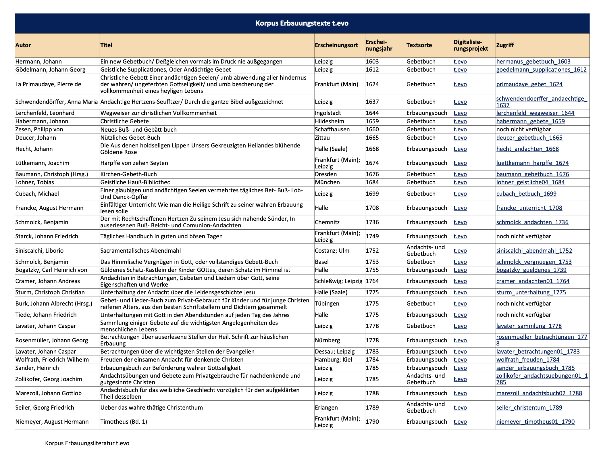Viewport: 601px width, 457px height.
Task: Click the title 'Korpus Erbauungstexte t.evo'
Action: (x=302, y=23)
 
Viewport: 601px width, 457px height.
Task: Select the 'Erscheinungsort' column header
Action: (x=336, y=45)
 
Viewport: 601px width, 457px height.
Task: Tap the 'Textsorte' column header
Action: (x=419, y=45)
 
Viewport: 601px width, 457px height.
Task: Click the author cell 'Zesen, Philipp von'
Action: (x=39, y=129)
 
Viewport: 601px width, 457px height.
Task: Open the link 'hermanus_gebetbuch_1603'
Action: (x=533, y=62)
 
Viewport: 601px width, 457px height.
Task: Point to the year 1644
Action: (x=372, y=113)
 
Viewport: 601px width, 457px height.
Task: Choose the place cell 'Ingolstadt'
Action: (x=328, y=113)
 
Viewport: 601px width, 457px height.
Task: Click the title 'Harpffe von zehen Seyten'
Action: (x=134, y=163)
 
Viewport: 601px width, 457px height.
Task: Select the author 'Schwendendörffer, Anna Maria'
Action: (x=57, y=102)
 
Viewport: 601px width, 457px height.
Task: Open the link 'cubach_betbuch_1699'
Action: (x=526, y=194)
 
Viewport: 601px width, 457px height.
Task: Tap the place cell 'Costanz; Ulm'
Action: (x=332, y=251)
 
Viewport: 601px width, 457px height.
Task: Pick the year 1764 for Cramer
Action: (x=372, y=281)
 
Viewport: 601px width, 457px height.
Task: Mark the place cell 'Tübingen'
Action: (x=327, y=304)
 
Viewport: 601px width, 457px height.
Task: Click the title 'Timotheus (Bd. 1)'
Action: (x=124, y=422)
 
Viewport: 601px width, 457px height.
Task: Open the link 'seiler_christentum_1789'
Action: (x=529, y=408)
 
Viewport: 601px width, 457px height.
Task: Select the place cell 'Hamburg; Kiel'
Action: (x=333, y=360)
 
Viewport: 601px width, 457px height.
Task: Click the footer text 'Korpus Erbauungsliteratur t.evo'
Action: (x=87, y=443)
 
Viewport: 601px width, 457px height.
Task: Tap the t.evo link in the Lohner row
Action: (x=460, y=182)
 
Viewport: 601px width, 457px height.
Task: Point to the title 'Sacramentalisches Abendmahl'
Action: (x=140, y=251)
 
